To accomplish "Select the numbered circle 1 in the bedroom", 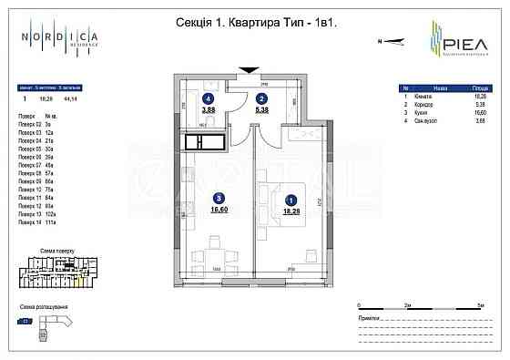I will point(291,199).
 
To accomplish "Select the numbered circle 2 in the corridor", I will point(261,98).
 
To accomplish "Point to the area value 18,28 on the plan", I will point(291,210).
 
